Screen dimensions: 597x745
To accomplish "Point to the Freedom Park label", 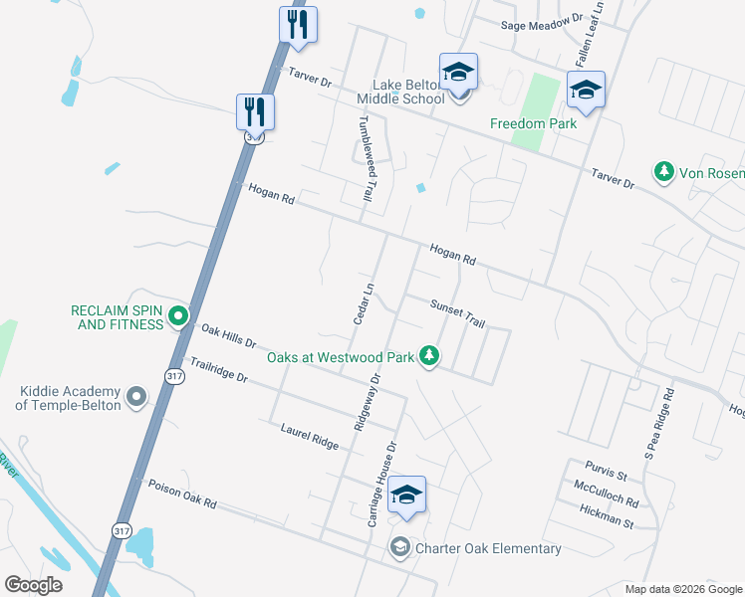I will click(533, 124).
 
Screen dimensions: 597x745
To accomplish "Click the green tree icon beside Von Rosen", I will click(662, 172).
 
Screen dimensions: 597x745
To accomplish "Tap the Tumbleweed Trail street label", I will click(365, 159).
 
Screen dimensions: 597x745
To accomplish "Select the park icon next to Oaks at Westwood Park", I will click(429, 354).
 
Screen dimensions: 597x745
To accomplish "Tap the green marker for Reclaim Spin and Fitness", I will click(178, 316).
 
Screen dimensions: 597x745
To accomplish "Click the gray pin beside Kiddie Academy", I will click(136, 398).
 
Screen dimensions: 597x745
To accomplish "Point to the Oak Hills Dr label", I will click(228, 339).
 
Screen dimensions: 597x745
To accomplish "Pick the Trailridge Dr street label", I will click(219, 373).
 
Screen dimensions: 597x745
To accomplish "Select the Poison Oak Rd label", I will click(182, 495).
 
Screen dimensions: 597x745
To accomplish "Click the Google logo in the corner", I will click(33, 584).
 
